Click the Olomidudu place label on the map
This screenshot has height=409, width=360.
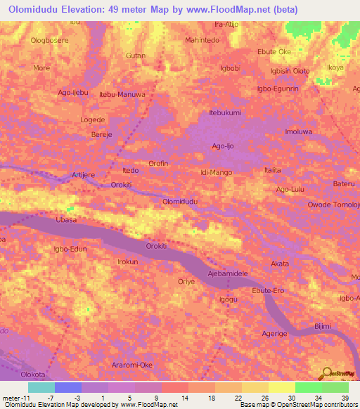pyautogui.click(x=180, y=201)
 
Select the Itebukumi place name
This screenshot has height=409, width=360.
pyautogui.click(x=225, y=112)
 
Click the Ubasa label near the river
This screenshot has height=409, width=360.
pyautogui.click(x=66, y=220)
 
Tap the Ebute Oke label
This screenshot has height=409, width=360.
pyautogui.click(x=274, y=52)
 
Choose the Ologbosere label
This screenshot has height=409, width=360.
pyautogui.click(x=49, y=41)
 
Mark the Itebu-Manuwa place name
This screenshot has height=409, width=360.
pyautogui.click(x=122, y=94)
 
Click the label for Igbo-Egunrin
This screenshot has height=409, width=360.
pyautogui.click(x=278, y=89)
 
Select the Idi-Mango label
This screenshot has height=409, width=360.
pyautogui.click(x=216, y=171)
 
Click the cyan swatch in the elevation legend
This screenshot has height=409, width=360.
pyautogui.click(x=41, y=387)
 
